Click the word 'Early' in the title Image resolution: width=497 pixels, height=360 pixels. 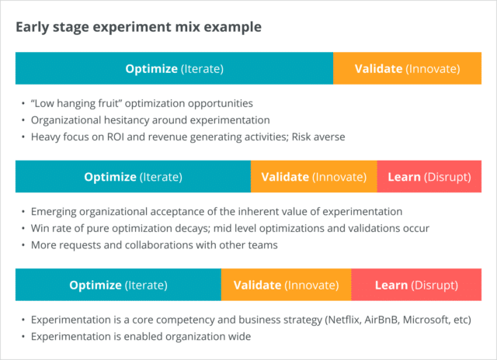[33, 27]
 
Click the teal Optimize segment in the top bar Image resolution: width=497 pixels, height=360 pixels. [174, 68]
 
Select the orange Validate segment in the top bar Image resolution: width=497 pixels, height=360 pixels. [407, 68]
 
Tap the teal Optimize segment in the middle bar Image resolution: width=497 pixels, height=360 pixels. [133, 176]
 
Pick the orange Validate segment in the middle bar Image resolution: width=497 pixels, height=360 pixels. [314, 176]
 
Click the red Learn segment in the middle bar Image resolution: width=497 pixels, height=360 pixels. [429, 176]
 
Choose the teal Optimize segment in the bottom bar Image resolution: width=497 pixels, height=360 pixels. [118, 285]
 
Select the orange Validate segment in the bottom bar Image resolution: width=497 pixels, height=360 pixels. [287, 285]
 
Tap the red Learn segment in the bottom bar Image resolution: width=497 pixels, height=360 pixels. [416, 285]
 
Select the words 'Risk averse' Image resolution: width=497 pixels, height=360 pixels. [318, 137]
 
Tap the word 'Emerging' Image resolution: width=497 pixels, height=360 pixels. [54, 212]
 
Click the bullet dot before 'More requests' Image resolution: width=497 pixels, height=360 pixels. [23, 245]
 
